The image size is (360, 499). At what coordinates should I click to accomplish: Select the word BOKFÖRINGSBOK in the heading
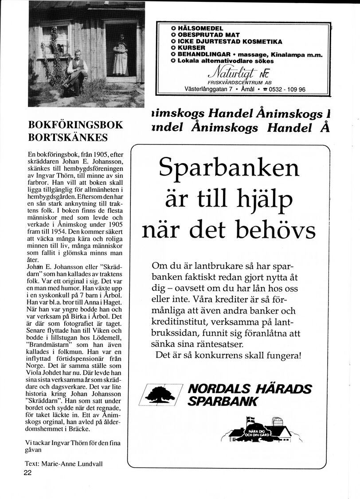coord(75,125)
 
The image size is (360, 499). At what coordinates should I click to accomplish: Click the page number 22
coord(28,472)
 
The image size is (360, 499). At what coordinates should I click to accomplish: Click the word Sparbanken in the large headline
coord(229,168)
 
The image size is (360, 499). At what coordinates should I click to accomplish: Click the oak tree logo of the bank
coord(160,394)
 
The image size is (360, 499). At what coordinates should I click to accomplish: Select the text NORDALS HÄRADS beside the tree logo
coord(250,389)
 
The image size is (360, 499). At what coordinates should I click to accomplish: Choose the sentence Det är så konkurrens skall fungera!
coord(228,355)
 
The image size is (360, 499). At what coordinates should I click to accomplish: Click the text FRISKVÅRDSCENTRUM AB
coord(239,82)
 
